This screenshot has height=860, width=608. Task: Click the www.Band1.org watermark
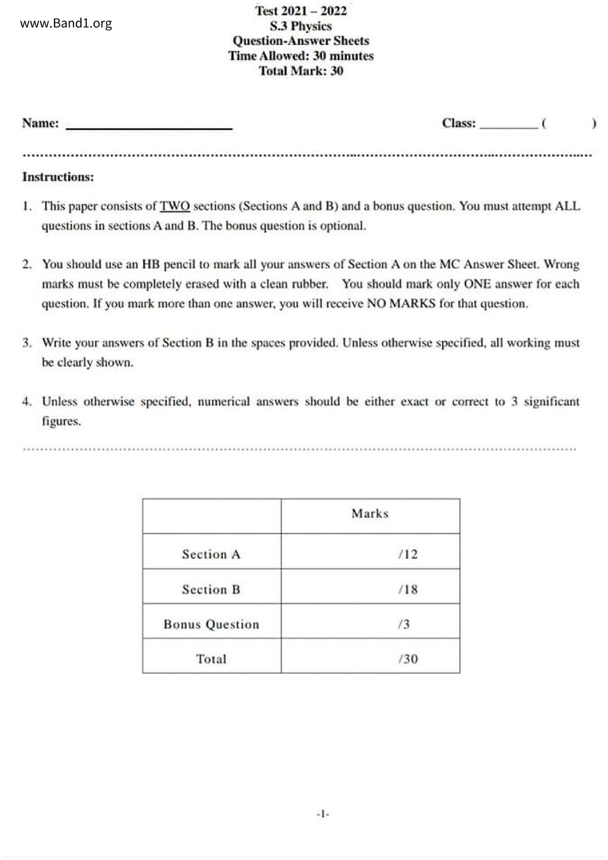pos(66,24)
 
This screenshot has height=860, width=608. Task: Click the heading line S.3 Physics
pos(301,26)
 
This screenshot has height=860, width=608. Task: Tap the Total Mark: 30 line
pos(301,71)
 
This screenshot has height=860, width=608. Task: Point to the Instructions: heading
pos(58,177)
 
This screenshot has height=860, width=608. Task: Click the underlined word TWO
pos(175,206)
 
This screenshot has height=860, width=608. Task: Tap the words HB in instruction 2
pos(151,265)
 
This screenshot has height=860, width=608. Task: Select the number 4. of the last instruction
pos(27,402)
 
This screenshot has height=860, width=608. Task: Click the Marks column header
pos(370,514)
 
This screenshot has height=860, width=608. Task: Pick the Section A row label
pos(211,555)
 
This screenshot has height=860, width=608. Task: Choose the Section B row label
pos(211,589)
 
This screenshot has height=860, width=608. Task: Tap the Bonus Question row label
pos(211,624)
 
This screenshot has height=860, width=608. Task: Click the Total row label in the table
pos(211,659)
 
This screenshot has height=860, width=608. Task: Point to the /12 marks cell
pos(408,555)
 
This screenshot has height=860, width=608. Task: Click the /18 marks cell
pos(408,589)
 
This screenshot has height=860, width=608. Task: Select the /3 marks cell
pos(404,624)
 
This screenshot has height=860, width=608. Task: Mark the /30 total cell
pos(408,659)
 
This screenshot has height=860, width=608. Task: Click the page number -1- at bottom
pos(323,814)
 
